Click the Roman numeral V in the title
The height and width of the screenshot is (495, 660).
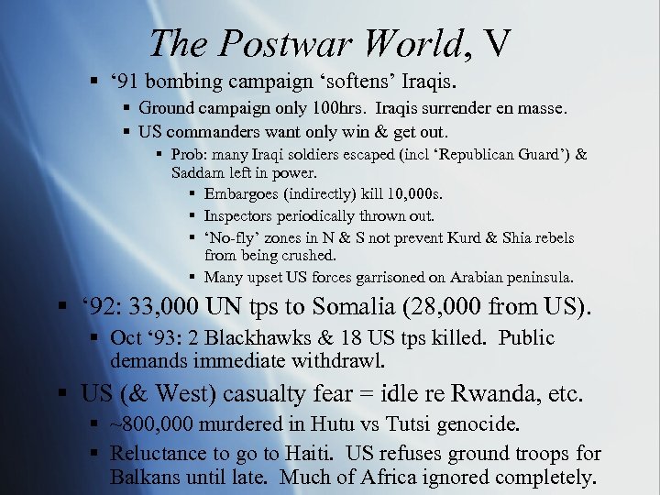click(496, 43)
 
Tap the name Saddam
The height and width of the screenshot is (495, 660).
click(195, 172)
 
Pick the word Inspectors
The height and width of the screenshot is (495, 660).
click(237, 216)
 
